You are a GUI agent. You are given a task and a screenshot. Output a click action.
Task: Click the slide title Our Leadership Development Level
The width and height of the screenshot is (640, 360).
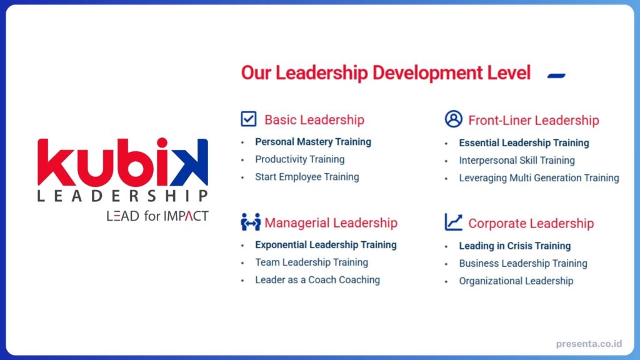pyautogui.click(x=386, y=73)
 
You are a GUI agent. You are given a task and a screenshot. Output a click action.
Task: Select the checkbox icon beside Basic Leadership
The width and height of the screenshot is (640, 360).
pyautogui.click(x=249, y=119)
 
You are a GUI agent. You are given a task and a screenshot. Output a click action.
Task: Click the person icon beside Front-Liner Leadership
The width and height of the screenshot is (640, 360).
pyautogui.click(x=453, y=119)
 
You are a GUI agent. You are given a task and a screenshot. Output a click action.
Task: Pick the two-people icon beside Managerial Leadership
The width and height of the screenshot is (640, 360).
pyautogui.click(x=250, y=222)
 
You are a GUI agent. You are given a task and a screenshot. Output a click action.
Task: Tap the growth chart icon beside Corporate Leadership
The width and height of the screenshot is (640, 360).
pyautogui.click(x=453, y=222)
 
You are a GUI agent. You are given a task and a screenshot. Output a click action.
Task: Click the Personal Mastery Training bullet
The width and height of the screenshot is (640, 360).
pyautogui.click(x=312, y=142)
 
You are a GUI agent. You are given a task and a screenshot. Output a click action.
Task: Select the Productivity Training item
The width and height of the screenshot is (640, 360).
pyautogui.click(x=299, y=159)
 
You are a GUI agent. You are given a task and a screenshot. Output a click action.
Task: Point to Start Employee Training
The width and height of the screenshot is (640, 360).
pyautogui.click(x=307, y=177)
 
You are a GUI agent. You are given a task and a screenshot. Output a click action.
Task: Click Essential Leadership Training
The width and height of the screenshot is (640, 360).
pyautogui.click(x=524, y=143)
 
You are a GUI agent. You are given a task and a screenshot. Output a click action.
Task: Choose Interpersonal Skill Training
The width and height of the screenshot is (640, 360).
pyautogui.click(x=517, y=161)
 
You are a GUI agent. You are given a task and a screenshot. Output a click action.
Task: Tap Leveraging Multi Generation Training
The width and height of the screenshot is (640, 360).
pyautogui.click(x=539, y=178)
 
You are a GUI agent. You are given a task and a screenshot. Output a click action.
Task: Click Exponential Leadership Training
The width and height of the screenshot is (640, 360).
pyautogui.click(x=326, y=245)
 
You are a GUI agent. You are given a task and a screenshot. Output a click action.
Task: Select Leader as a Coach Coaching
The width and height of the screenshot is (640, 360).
pyautogui.click(x=317, y=280)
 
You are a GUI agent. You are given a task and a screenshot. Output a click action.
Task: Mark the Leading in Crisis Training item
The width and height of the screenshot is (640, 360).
pyautogui.click(x=514, y=246)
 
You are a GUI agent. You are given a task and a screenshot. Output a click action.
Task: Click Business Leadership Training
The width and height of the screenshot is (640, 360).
pyautogui.click(x=523, y=264)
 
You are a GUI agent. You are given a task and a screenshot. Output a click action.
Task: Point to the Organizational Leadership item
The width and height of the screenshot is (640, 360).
pyautogui.click(x=516, y=281)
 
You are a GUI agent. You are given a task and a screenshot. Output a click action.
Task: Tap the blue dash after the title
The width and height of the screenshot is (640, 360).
pyautogui.click(x=556, y=76)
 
